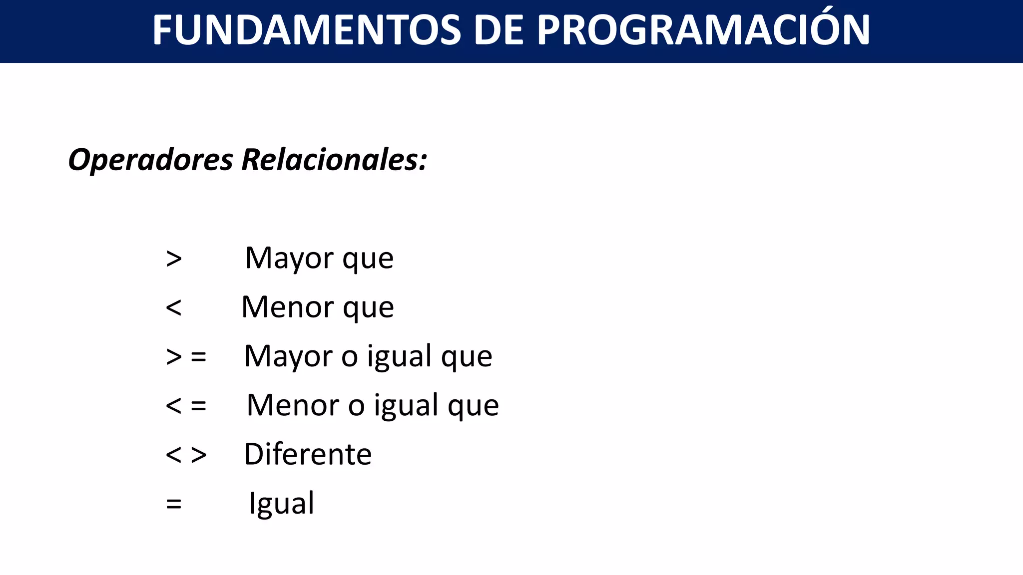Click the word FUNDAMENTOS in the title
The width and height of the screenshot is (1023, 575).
click(x=306, y=30)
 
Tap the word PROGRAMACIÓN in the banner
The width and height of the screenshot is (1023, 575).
click(x=703, y=30)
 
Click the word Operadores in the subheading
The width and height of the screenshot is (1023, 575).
click(x=150, y=160)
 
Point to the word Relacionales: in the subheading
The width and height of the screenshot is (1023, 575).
click(x=334, y=160)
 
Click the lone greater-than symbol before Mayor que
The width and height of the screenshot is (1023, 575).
click(x=174, y=259)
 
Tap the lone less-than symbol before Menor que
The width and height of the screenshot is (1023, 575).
click(x=174, y=307)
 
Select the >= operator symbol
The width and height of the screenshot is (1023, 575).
click(x=186, y=356)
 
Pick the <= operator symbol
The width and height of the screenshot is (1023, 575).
click(x=186, y=405)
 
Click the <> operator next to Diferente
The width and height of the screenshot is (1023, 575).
click(x=186, y=454)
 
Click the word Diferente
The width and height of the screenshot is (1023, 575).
click(x=308, y=454)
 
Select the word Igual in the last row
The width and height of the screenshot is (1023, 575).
click(x=282, y=503)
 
